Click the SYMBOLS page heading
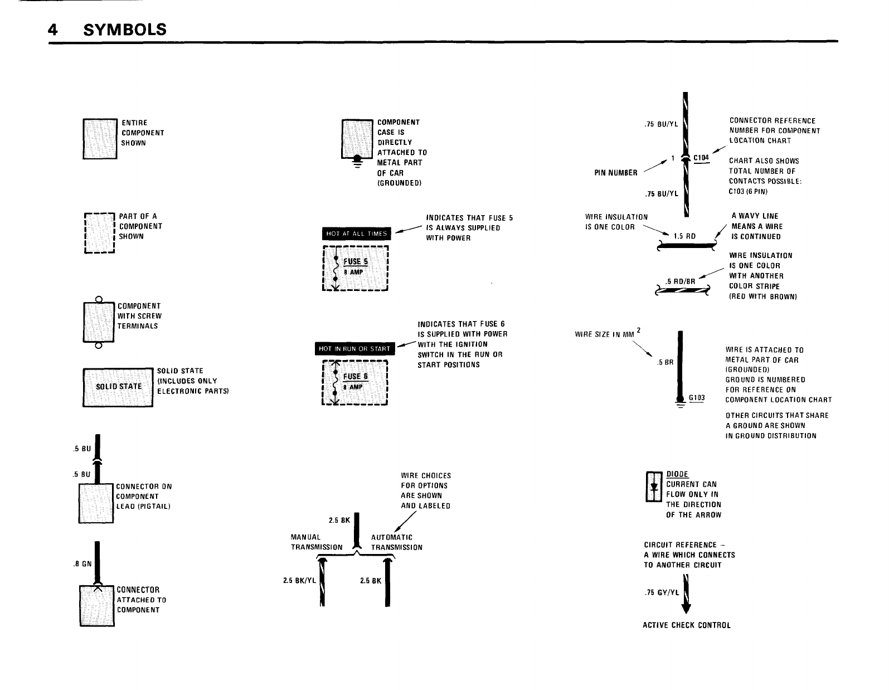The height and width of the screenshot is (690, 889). [124, 29]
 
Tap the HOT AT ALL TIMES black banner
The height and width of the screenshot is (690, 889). [357, 233]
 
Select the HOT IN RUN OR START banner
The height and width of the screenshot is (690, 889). [354, 349]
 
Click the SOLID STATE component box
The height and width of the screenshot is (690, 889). [118, 387]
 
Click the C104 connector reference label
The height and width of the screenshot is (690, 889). [701, 158]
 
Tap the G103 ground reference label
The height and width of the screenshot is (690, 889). [697, 398]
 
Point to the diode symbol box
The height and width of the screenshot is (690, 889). [653, 487]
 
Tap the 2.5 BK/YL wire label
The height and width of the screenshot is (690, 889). [299, 580]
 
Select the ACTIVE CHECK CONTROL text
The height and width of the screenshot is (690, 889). [686, 625]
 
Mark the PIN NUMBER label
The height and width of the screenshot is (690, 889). [616, 173]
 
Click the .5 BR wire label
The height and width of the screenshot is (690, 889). [665, 362]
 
